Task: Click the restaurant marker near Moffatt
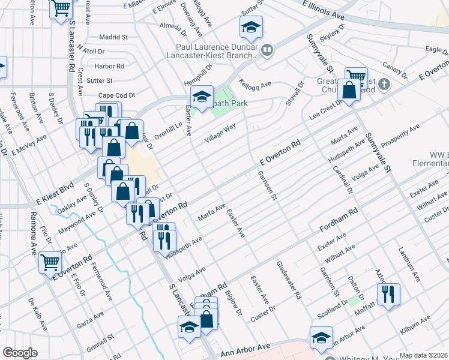388,294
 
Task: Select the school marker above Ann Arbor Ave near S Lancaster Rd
189,327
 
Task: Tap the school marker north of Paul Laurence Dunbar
250,26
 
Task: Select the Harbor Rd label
109,66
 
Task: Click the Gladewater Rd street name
288,280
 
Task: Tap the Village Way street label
221,131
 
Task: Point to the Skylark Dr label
334,34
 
